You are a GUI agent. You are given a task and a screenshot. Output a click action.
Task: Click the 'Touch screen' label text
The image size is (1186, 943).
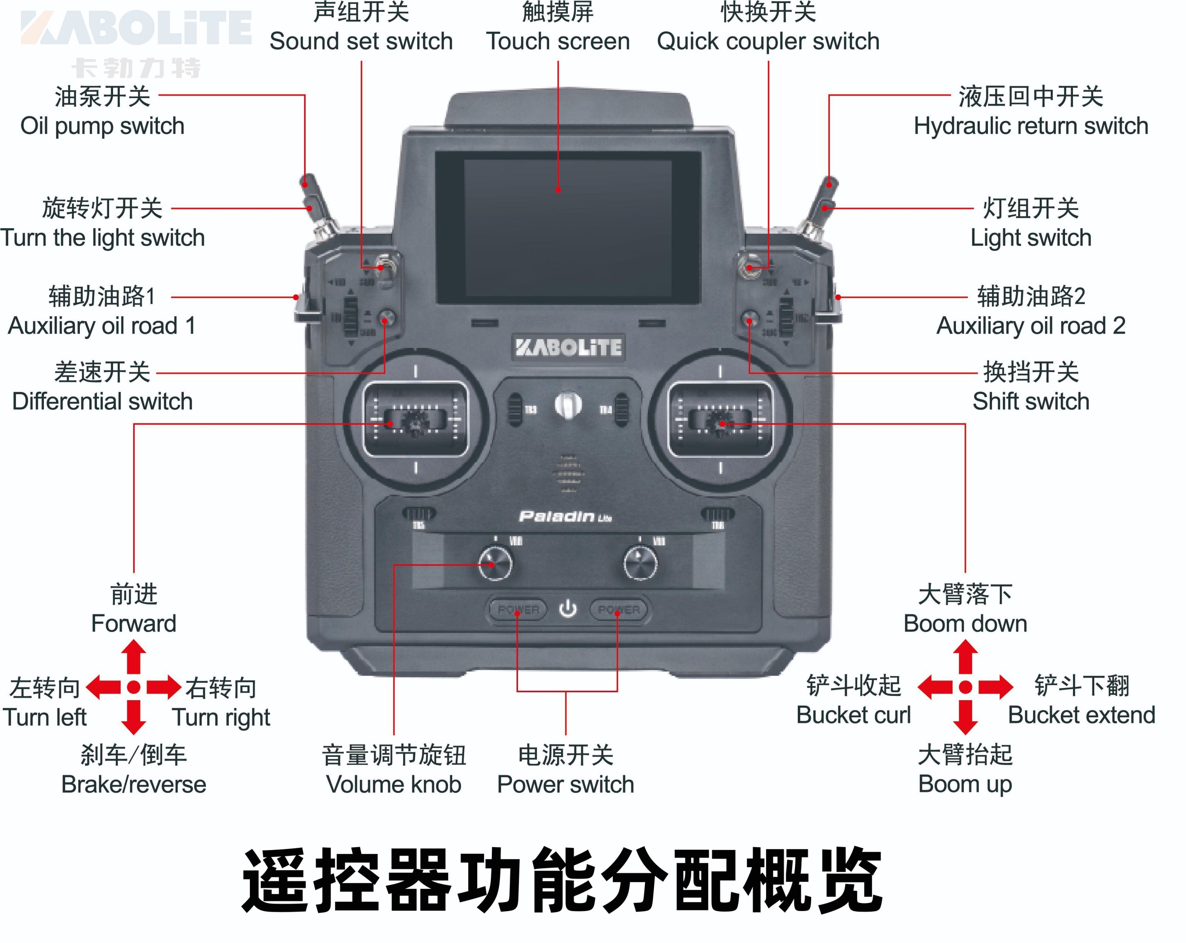point(558,41)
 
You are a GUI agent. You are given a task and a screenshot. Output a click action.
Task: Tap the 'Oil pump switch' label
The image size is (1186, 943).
point(102,126)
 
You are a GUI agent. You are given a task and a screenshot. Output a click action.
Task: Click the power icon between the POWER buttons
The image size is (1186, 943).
point(568,609)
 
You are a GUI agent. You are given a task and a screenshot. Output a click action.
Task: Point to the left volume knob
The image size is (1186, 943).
point(495,564)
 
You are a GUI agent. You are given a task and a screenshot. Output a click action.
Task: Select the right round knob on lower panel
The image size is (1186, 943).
point(640,564)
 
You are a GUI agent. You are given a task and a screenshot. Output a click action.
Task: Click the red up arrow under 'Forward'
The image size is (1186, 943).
point(134,658)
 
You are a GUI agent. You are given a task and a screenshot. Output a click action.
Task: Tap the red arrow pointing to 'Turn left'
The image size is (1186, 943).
point(103,687)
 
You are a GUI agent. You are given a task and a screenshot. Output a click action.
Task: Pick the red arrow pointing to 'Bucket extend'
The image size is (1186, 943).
point(996,687)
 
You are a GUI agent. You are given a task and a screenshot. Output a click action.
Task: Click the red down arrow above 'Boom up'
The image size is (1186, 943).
point(965,717)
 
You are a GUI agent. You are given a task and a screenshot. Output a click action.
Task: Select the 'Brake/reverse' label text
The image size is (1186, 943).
point(134,784)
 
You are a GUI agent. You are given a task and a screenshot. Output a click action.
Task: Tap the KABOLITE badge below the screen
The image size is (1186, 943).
point(568,347)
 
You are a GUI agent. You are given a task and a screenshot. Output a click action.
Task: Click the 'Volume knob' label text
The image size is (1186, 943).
point(394,784)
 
